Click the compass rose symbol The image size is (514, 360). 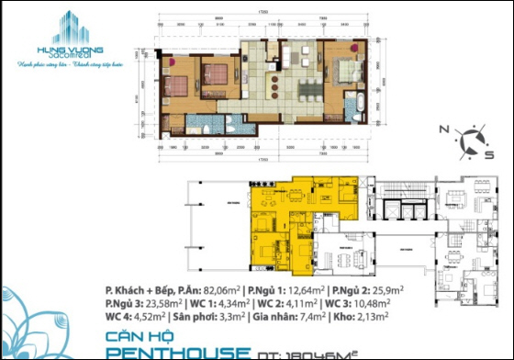pos(471,141)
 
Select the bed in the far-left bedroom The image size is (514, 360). pos(177,85)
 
